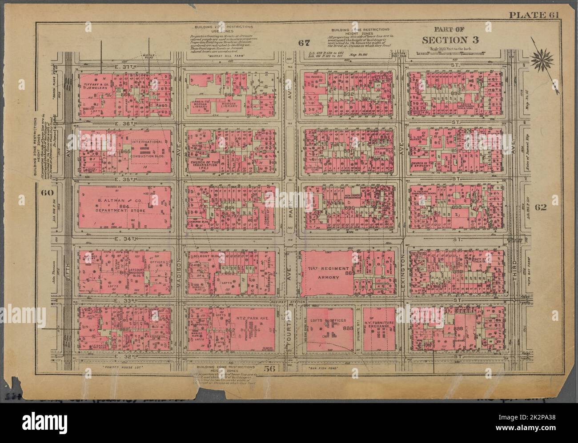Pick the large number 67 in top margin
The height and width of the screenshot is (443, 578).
[x=304, y=43]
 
